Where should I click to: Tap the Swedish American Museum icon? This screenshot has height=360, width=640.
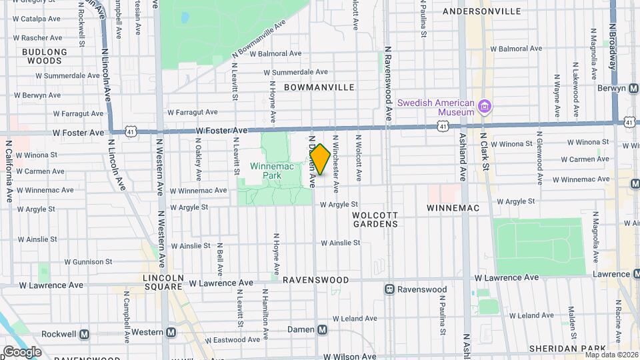tap(485, 107)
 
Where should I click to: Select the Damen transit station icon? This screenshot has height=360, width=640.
tap(323, 329)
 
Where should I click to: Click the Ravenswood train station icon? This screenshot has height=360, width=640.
tap(389, 289)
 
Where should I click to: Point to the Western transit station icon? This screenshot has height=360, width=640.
tap(171, 332)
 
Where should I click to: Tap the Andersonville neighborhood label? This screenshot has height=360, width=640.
tap(491, 11)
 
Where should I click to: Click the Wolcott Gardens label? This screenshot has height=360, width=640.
tap(376, 219)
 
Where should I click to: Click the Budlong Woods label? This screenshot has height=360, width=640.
tap(45, 56)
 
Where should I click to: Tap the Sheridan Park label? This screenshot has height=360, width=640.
tap(566, 348)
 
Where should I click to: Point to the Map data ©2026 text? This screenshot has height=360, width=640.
tap(611, 355)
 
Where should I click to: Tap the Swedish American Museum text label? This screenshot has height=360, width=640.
tap(436, 107)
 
